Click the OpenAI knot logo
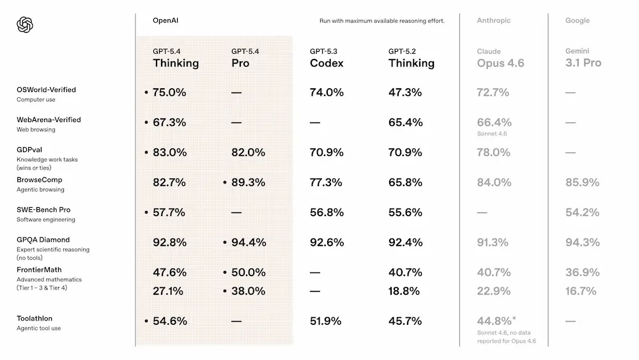click(x=25, y=25)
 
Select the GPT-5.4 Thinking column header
click(x=176, y=58)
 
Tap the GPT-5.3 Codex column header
click(x=327, y=58)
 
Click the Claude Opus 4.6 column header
click(x=500, y=58)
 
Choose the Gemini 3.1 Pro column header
click(x=583, y=58)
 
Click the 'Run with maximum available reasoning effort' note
click(x=381, y=21)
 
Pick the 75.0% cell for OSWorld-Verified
click(x=169, y=92)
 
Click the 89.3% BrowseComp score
click(x=248, y=182)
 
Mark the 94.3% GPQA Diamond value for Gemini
click(x=582, y=242)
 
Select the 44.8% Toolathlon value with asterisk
click(x=496, y=321)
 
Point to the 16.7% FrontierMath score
click(x=581, y=291)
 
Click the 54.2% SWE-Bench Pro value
click(x=582, y=212)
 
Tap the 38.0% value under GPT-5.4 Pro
click(x=248, y=291)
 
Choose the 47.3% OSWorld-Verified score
click(x=405, y=92)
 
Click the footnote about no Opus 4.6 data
click(x=506, y=337)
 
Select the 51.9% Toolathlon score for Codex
click(x=326, y=321)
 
